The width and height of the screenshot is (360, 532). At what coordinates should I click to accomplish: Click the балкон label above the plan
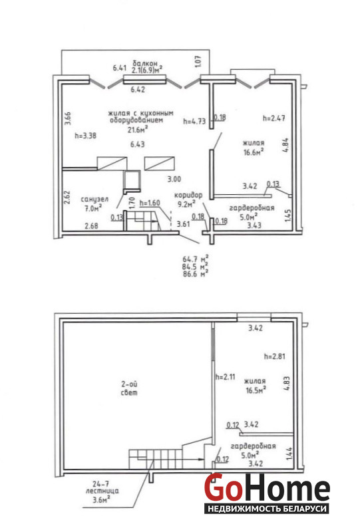pos(145,63)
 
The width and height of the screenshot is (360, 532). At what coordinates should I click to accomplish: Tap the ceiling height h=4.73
pos(194,121)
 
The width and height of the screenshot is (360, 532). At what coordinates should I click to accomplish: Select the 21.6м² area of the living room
pos(138,129)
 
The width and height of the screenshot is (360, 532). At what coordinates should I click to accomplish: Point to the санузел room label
pos(94,199)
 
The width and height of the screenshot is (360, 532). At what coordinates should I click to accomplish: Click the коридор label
pos(188,195)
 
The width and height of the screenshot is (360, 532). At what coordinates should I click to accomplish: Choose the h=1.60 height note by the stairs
pos(150,203)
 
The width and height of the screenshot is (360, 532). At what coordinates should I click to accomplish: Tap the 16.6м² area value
pos(254,152)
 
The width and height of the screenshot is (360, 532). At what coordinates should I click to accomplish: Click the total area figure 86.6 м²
pos(196,274)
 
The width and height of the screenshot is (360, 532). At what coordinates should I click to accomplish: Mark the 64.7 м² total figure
pos(196,259)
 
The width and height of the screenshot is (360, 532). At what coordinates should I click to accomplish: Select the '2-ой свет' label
pos(129,388)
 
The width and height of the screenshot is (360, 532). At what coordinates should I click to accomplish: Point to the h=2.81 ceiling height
pos(274,356)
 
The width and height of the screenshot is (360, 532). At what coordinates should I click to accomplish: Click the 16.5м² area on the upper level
pos(256,390)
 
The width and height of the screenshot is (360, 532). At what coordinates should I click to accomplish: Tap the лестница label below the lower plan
pos(102,491)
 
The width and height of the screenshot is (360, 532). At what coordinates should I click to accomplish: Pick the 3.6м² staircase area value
pos(101,499)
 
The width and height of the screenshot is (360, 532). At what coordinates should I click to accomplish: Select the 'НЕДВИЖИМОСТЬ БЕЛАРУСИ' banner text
pos(267,509)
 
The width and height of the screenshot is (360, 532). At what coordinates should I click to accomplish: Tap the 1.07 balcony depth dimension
pos(199,61)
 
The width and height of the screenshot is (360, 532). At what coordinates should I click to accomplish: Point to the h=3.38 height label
pos(86,136)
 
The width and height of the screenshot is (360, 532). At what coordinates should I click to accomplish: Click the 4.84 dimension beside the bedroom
pos(285,145)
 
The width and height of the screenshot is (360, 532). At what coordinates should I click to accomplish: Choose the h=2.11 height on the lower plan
pos(225,377)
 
